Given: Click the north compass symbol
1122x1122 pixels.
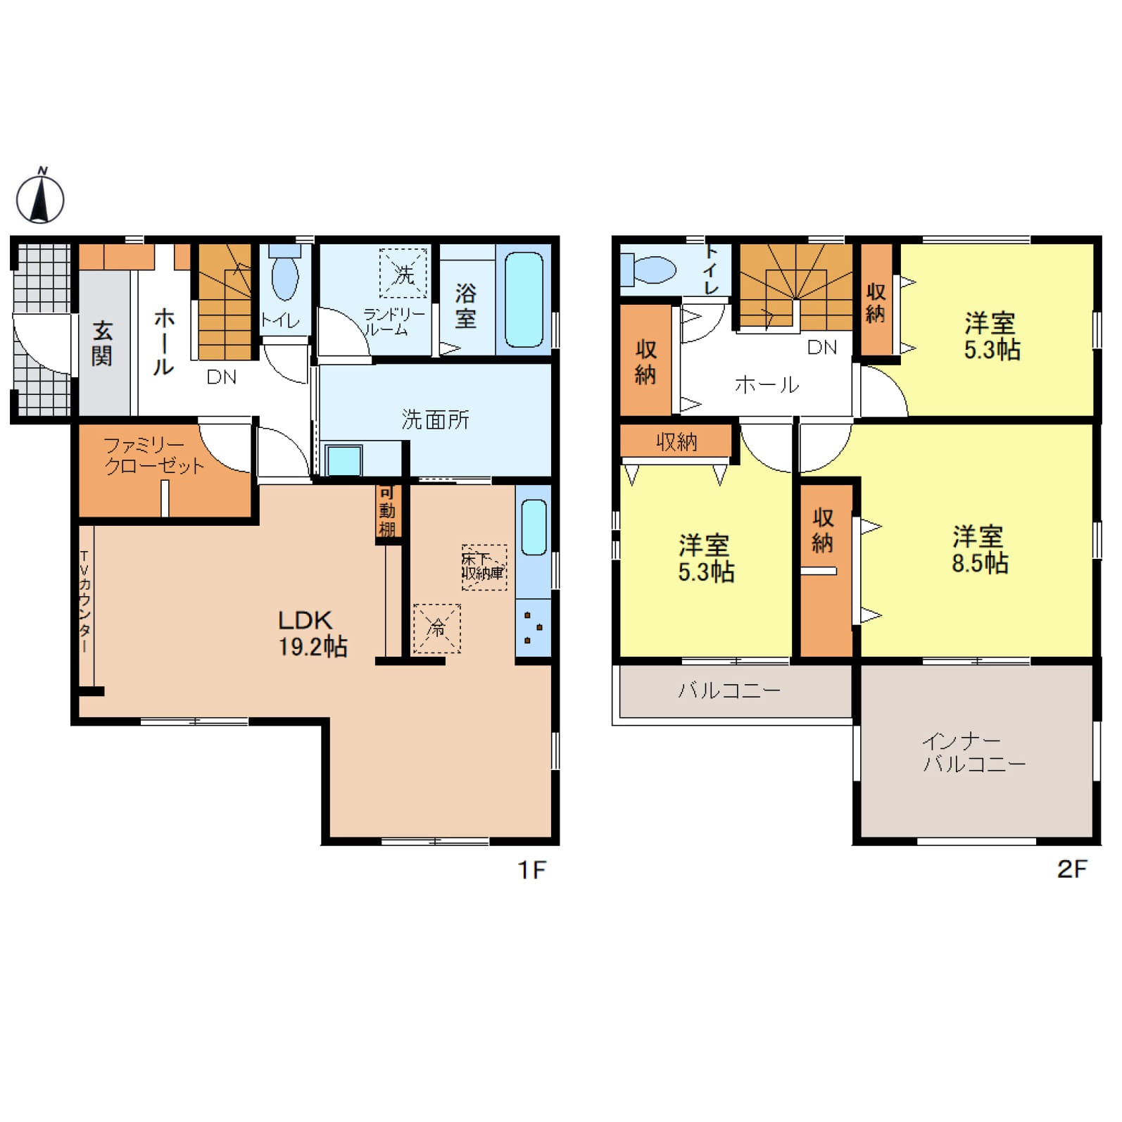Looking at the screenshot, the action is [40, 196].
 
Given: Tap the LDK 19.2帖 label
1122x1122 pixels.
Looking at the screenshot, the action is [313, 634].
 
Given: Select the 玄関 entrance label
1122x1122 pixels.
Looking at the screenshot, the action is [102, 343].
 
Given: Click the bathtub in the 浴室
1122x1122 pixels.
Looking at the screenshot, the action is [524, 299].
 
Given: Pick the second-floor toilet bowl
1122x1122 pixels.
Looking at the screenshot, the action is [648, 270].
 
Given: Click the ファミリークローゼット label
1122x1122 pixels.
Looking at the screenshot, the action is [154, 455].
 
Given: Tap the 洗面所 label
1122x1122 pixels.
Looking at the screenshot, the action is [435, 420].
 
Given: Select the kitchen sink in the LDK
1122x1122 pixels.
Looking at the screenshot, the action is [534, 527].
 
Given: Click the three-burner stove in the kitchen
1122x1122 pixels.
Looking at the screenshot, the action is [534, 628].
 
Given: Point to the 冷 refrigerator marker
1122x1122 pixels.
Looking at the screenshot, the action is [437, 628].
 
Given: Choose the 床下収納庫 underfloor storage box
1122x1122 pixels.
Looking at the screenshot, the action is [484, 567].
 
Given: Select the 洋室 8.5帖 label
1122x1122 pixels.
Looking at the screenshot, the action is [979, 550].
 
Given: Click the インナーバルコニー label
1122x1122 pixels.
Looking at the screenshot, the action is [974, 752].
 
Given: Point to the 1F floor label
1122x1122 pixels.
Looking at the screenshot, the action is [532, 870].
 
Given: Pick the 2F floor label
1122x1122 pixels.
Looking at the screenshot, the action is [1072, 869].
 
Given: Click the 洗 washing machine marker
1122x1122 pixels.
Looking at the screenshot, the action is [403, 273].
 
